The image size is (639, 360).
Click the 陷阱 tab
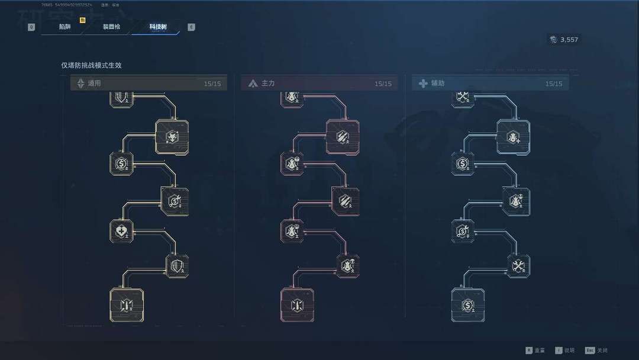(64, 27)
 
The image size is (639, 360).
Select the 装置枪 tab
(111, 27)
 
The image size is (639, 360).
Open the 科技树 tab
(157, 27)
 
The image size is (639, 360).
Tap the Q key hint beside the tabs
(31, 27)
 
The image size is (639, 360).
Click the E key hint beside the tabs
(191, 27)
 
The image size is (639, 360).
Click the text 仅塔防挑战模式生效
(91, 66)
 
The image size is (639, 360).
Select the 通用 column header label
(95, 83)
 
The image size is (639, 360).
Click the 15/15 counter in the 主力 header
(383, 84)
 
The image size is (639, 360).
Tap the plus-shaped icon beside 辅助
(423, 83)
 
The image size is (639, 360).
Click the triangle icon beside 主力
(253, 83)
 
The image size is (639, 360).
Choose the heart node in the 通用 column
(121, 231)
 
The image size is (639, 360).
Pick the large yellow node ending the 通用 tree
(126, 304)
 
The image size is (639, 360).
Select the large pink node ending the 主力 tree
(297, 304)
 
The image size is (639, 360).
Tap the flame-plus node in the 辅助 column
(513, 137)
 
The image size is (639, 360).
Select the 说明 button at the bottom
(569, 351)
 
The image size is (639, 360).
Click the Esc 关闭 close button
(596, 351)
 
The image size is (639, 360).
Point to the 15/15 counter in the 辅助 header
(554, 84)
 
